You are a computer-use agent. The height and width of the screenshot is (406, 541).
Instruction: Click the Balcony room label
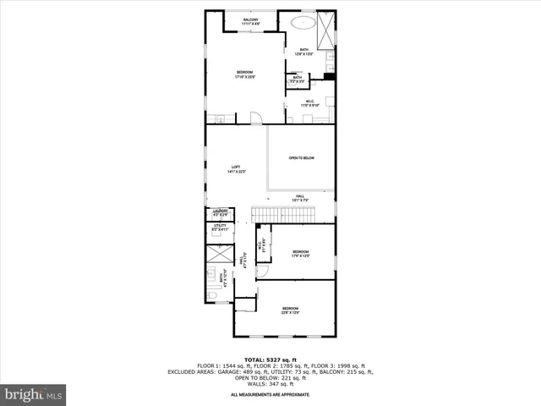tap(250, 21)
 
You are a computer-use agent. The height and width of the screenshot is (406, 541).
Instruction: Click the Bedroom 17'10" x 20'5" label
tap(245, 74)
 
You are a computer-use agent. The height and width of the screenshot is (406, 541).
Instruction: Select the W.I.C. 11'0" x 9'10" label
tap(311, 104)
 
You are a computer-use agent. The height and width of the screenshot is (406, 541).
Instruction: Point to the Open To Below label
tap(302, 158)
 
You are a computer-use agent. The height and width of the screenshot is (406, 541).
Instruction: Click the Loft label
tap(236, 169)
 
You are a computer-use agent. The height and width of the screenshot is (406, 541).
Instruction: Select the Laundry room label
tap(221, 213)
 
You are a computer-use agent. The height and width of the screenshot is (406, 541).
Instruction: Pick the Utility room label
tap(221, 227)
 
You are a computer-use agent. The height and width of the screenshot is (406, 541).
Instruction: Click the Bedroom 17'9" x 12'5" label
tap(301, 254)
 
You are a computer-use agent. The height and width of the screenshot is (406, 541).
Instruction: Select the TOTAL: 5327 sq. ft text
tap(270, 359)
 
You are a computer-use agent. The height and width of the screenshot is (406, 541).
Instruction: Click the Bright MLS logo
tap(34, 394)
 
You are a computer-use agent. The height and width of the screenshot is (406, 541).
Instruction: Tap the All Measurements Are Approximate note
tap(270, 394)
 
